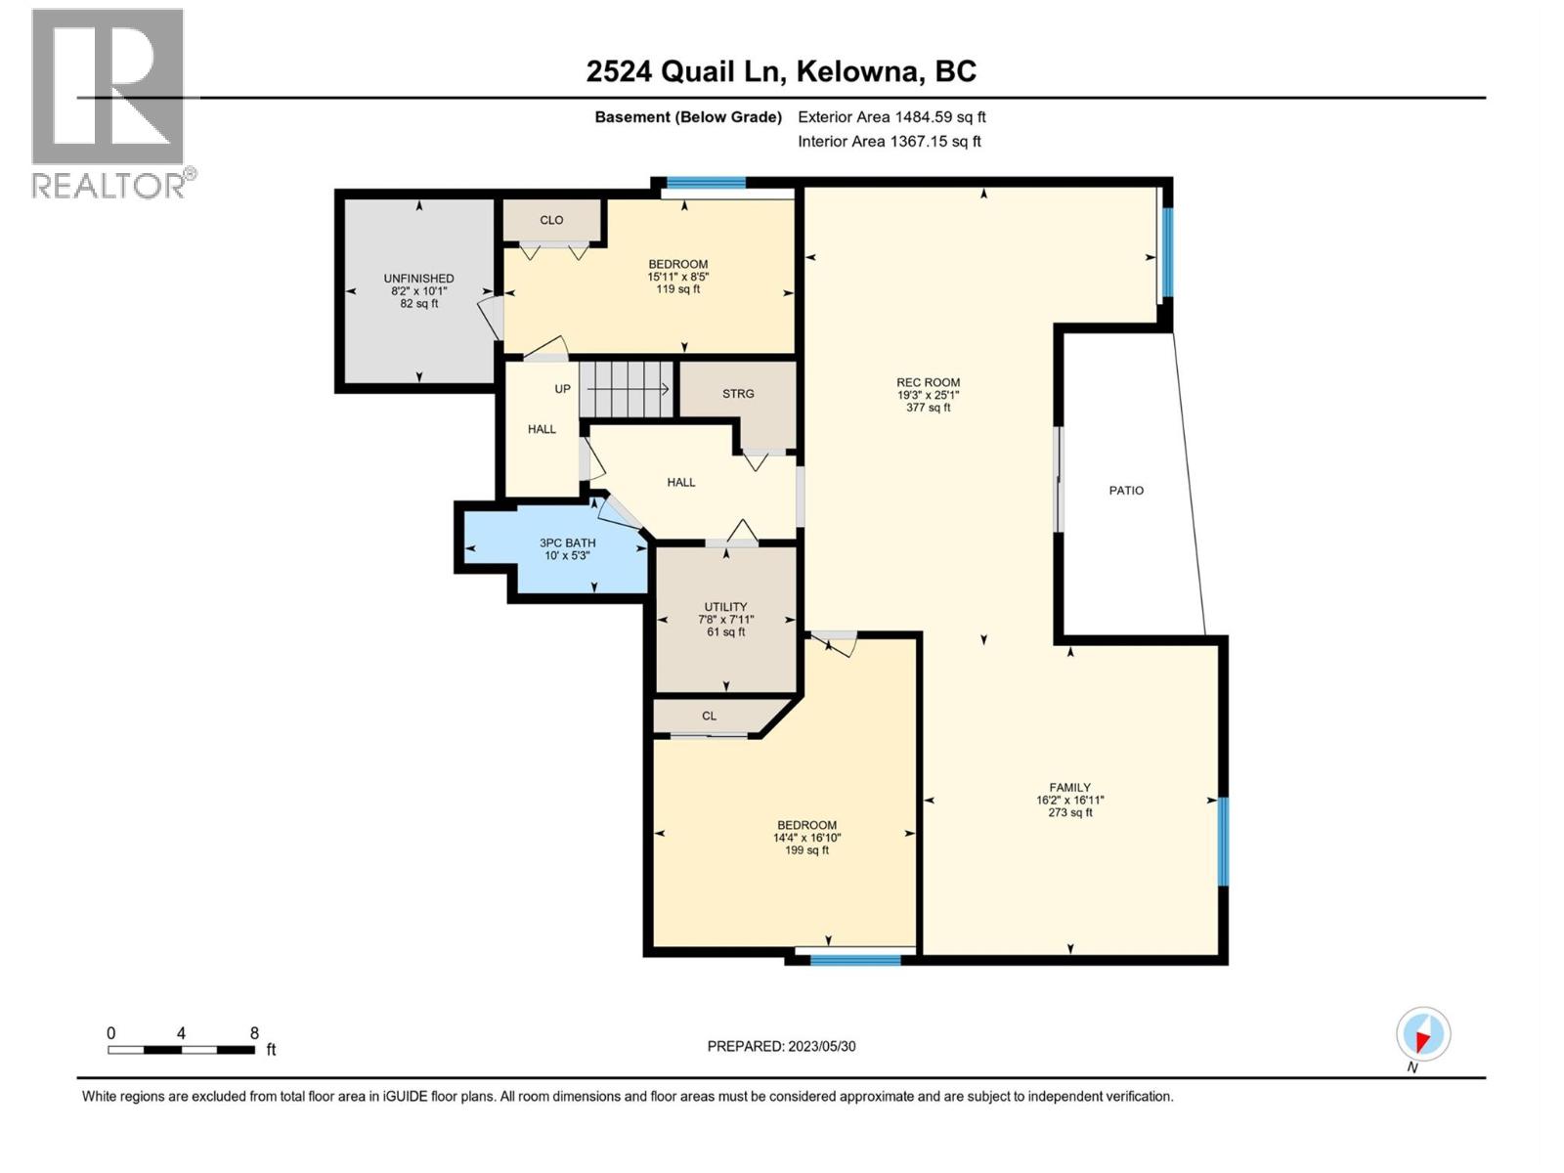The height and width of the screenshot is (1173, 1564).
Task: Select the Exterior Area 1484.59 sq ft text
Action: click(x=891, y=116)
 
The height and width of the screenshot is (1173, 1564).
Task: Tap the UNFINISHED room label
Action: click(x=418, y=279)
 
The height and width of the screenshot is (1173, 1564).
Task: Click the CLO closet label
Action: click(x=551, y=220)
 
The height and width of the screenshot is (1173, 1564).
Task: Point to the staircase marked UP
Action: click(x=627, y=389)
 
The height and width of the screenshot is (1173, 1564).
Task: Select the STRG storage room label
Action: click(x=738, y=394)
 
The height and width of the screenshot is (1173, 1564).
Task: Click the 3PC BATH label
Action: click(x=567, y=543)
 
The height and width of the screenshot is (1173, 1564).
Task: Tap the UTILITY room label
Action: click(x=725, y=607)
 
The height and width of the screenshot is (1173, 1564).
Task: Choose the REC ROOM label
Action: click(x=928, y=383)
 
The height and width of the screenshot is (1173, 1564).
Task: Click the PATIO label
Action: click(x=1126, y=491)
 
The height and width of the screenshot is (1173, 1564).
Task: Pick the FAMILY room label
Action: click(x=1069, y=788)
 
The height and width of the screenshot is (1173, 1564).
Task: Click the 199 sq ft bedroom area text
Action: click(x=806, y=850)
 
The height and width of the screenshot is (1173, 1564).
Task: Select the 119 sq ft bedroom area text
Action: click(x=677, y=289)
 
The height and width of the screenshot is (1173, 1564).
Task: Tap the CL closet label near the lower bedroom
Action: click(x=709, y=717)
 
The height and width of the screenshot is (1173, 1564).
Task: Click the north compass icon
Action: click(x=1423, y=1034)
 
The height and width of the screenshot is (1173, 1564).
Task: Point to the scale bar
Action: click(x=182, y=1050)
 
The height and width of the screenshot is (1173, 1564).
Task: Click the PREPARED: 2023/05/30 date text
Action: click(x=781, y=1046)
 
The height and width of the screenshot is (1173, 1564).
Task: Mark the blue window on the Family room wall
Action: click(x=1223, y=842)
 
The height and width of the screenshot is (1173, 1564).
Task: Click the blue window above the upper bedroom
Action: click(x=706, y=182)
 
